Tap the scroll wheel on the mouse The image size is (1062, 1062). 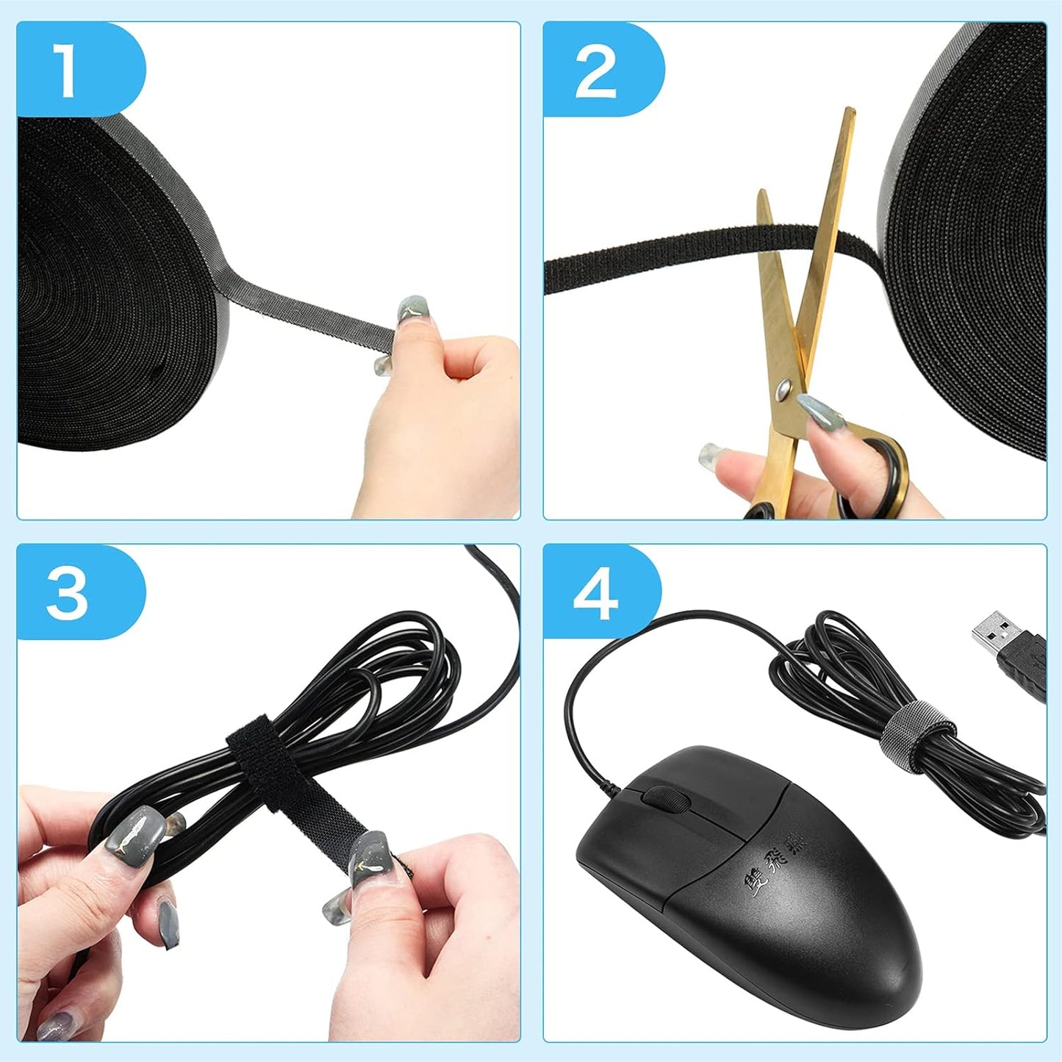[x=663, y=798]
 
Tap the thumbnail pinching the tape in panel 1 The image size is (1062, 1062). [x=412, y=310]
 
